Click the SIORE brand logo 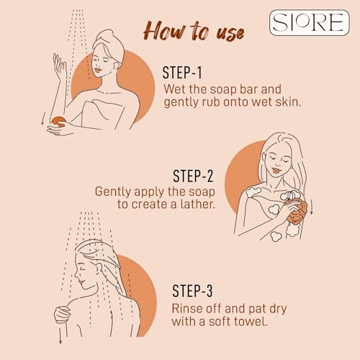[310, 23]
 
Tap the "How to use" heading [194, 31]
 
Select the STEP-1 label [182, 73]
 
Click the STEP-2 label [193, 176]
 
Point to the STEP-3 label [192, 291]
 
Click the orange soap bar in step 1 [59, 121]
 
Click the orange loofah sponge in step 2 [297, 212]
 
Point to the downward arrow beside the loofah [311, 207]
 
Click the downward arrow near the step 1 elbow [43, 118]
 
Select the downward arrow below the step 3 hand [60, 334]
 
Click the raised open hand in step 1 [59, 66]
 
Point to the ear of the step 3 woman [98, 269]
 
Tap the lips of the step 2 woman [276, 171]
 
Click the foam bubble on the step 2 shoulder [253, 192]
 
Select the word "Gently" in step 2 [113, 192]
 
